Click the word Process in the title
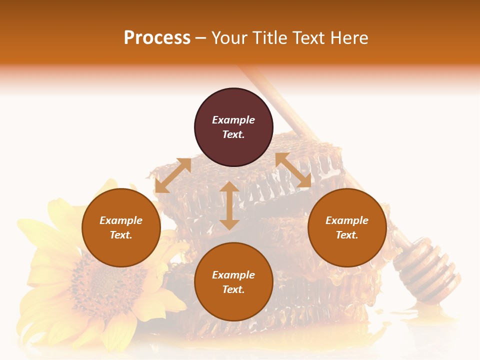point(157,38)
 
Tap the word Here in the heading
point(348,38)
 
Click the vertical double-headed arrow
point(229,205)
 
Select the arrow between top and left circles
point(173,175)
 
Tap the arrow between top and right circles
point(293,170)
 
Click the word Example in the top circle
point(233,120)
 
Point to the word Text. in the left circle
point(121,235)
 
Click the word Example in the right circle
point(347,220)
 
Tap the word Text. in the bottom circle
point(233,289)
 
